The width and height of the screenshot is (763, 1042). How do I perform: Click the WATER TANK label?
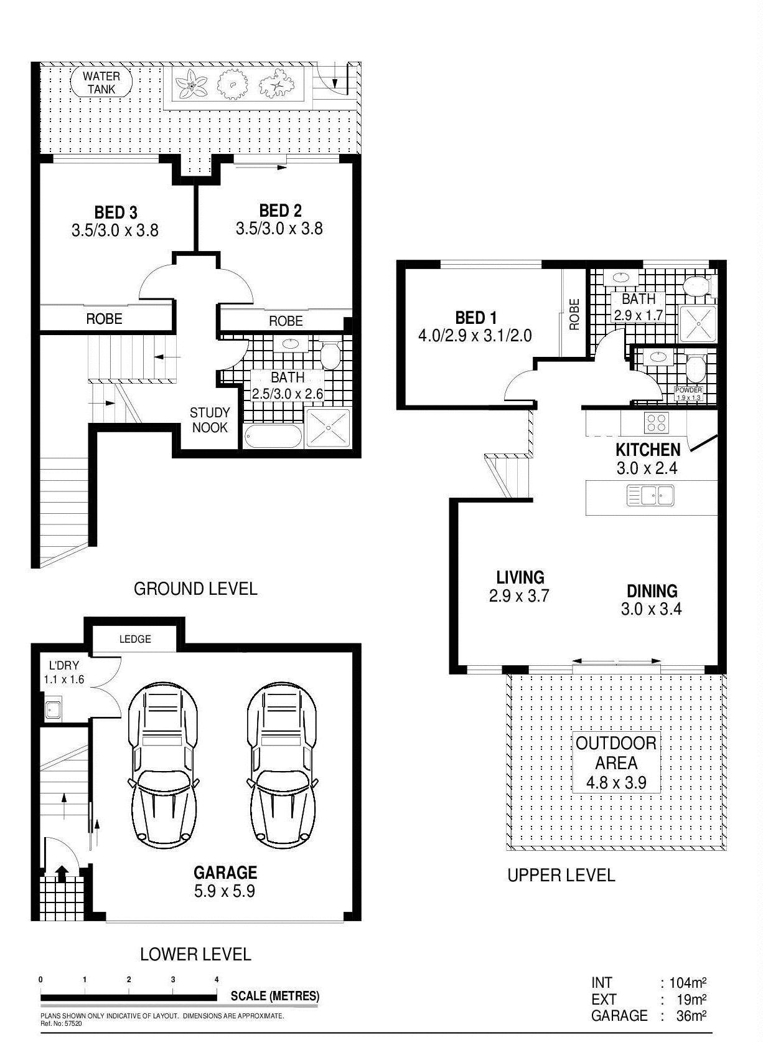pos(101,82)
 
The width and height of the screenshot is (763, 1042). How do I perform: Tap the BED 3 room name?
pos(116,212)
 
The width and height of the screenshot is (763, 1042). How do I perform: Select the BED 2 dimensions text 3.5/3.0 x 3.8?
pos(279,229)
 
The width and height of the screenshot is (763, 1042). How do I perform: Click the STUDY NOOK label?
pos(210,420)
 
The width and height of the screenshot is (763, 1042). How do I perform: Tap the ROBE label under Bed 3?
pos(104,319)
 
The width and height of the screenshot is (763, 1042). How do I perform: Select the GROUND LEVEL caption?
pos(195,589)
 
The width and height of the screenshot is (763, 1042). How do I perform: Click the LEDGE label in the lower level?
pos(135,639)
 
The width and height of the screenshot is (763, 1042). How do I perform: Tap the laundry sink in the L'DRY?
pos(53,709)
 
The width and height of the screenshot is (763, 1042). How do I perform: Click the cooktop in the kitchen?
pos(656,423)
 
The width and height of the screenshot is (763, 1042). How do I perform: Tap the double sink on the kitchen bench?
pos(650,496)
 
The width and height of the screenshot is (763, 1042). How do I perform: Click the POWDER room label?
pos(688,391)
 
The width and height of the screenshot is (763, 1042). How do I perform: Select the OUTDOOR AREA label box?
pos(616,762)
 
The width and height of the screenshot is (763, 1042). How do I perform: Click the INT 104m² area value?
pos(687,983)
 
